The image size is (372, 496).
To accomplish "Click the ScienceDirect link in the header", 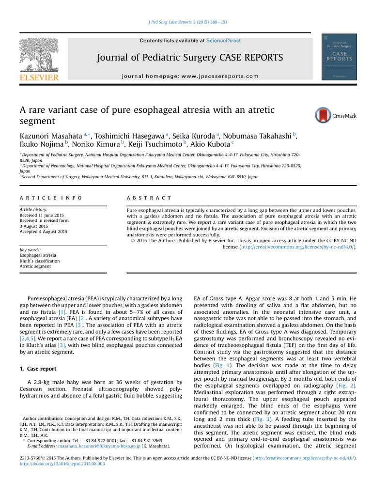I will [223, 41].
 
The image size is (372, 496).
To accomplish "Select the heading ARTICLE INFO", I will [50, 198].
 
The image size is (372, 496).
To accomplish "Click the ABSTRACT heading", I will [149, 198].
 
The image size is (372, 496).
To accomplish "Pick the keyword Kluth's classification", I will [40, 261].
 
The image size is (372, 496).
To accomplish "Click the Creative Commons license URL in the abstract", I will [296, 247].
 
